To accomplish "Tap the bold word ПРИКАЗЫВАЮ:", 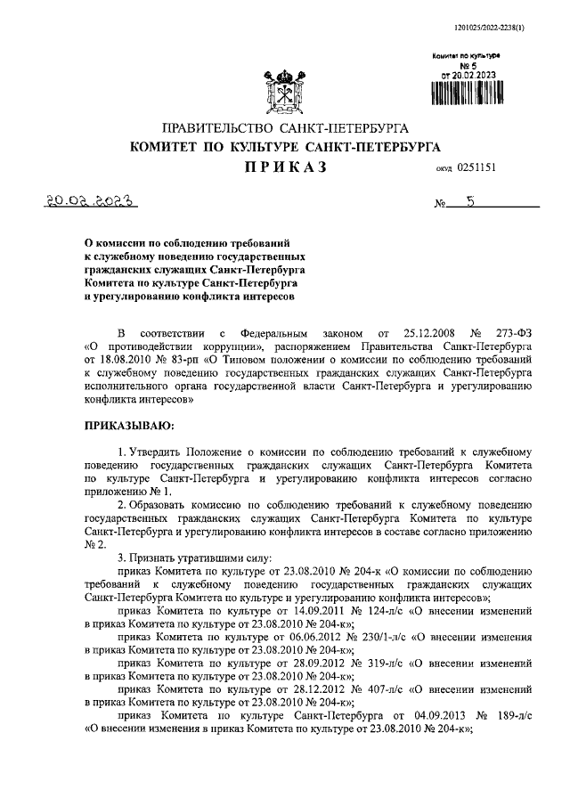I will click(x=128, y=427).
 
